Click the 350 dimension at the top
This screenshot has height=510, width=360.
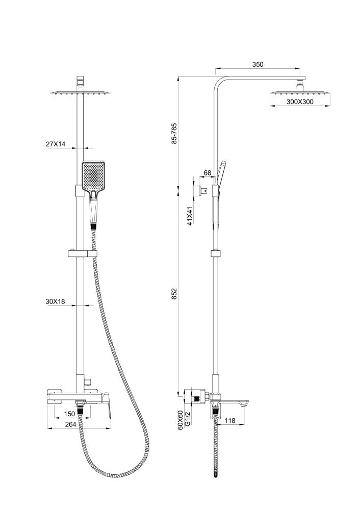pos(258,65)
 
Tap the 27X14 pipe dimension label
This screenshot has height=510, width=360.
pos(56,144)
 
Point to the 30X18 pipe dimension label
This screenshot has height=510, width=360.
pos(56,302)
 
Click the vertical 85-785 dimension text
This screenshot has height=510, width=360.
pos(174,134)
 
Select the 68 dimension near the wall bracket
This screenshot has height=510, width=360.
pos(208,173)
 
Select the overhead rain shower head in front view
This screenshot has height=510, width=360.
pos(81,93)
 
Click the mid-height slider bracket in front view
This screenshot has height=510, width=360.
pos(82,253)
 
